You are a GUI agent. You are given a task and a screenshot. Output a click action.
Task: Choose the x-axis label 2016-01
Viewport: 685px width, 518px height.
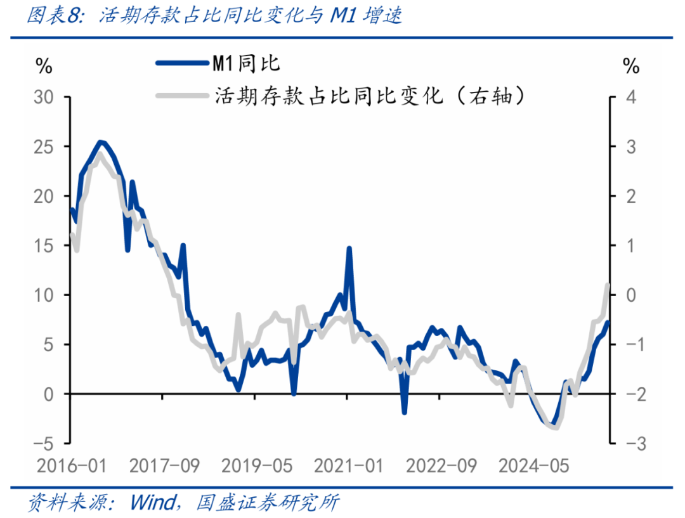click(71, 467)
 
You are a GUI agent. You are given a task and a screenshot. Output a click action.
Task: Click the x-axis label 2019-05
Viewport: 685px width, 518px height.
click(257, 467)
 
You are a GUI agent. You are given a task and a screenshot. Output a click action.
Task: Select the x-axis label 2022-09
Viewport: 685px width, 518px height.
click(441, 467)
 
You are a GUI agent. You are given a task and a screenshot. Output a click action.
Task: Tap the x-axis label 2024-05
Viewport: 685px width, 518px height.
click(534, 467)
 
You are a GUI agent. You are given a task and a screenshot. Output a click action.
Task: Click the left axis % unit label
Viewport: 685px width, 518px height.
click(44, 65)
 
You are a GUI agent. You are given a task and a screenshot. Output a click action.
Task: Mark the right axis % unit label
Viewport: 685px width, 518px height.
click(630, 65)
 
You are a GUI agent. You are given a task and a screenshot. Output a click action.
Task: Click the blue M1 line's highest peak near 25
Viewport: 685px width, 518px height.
click(100, 142)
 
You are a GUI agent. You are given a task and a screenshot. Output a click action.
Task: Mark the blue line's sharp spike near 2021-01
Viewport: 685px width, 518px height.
click(349, 248)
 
